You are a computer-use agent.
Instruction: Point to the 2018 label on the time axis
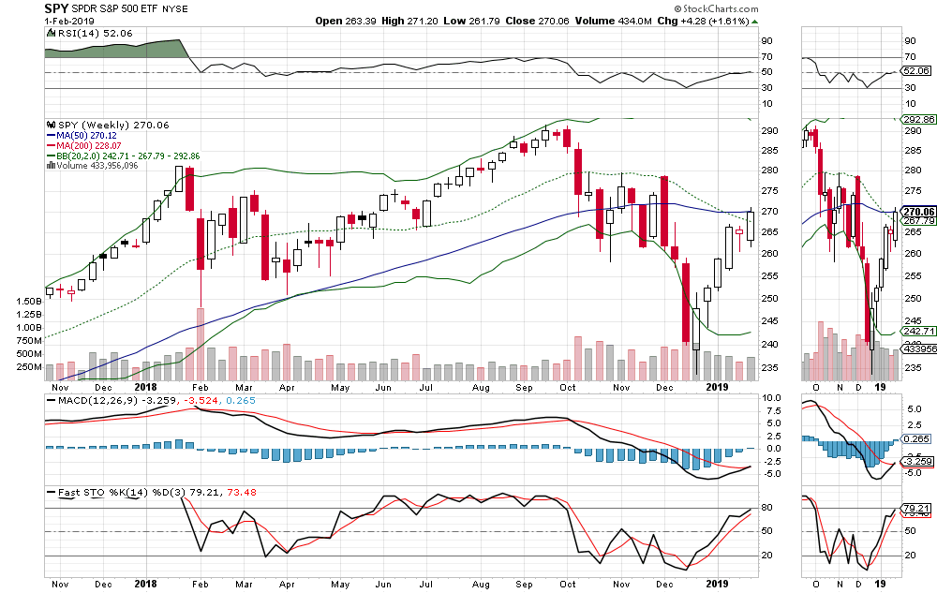(146, 386)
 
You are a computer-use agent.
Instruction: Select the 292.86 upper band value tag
(915, 120)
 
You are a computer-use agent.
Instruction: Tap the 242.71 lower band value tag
(915, 332)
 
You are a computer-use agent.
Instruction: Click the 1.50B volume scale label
(29, 302)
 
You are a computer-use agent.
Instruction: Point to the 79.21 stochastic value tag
(915, 508)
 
